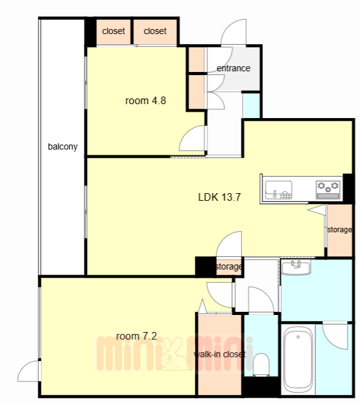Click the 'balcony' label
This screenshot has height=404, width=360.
click(62, 146)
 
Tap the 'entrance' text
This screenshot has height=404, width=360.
click(233, 68)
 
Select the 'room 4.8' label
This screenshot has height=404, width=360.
click(146, 100)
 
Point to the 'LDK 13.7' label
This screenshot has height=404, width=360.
click(219, 197)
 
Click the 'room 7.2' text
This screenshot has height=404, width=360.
click(136, 336)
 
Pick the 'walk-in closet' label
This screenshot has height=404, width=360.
click(219, 354)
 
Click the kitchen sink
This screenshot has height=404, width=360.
click(279, 190)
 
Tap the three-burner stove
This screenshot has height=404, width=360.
click(328, 189)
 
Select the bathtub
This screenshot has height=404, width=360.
click(298, 359)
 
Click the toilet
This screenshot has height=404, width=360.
click(261, 364)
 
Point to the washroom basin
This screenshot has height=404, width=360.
click(296, 268)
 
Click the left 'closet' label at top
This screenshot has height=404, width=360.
click(113, 31)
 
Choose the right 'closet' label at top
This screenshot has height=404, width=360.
click(155, 31)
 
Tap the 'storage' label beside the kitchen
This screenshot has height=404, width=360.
click(339, 230)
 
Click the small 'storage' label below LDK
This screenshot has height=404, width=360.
click(229, 266)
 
